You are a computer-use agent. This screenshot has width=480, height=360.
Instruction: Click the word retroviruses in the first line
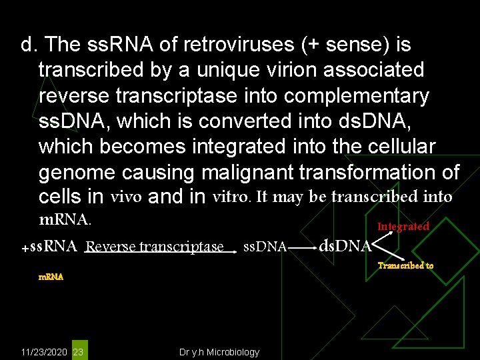coord(205,45)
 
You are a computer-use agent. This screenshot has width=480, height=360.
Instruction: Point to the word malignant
coord(247,173)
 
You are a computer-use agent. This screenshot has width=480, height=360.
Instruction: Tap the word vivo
coord(126,197)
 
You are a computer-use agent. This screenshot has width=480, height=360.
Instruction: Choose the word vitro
coord(231,197)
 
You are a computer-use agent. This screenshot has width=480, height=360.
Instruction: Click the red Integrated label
coord(403,227)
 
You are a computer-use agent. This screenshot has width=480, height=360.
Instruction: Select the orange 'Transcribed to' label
coord(405,265)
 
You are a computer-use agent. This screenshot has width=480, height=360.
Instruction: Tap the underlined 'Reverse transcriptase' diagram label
coord(155,247)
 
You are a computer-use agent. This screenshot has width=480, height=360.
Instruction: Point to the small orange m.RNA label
coord(51,277)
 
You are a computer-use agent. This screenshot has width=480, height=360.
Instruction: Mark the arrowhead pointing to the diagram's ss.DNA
coord(234,252)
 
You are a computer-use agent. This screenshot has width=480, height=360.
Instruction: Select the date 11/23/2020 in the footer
coord(43,352)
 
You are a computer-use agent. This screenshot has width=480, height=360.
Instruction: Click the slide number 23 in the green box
coord(78,351)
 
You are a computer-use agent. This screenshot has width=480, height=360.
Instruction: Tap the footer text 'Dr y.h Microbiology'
coord(219,352)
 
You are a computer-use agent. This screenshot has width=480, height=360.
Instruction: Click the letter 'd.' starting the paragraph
coord(28,45)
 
